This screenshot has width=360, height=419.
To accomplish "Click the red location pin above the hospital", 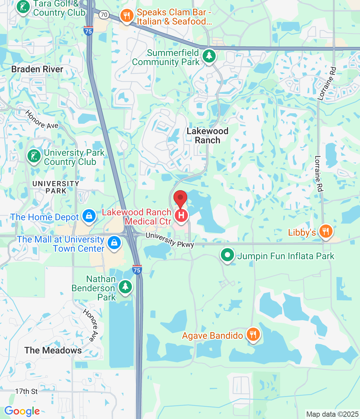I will [x=180, y=198].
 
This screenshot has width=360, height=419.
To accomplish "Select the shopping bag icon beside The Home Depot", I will [x=89, y=216].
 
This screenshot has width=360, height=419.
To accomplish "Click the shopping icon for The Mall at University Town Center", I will [x=114, y=243].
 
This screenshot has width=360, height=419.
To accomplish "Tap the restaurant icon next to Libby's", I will [x=325, y=231].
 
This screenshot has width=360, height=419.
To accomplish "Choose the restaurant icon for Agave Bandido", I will [x=253, y=335].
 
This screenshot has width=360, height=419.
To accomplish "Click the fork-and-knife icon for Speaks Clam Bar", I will [x=127, y=15].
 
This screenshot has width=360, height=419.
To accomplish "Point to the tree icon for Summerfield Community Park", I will [x=209, y=56].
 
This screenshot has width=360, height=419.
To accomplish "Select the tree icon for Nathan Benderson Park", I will [x=125, y=287].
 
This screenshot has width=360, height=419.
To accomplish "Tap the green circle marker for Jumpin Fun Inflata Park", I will [x=227, y=255].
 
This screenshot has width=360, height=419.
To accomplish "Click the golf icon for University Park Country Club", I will [x=34, y=156].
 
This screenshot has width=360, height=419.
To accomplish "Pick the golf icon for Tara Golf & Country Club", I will [x=23, y=7].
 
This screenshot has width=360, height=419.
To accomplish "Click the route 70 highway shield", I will [x=104, y=14].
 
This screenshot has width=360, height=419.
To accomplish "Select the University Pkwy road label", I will [x=170, y=240].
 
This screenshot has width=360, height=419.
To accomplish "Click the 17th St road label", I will [x=27, y=391].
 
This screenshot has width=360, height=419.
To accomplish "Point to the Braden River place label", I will [x=37, y=69].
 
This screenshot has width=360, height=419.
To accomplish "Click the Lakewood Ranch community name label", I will [x=207, y=136].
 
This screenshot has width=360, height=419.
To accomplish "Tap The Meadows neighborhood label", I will [x=53, y=350].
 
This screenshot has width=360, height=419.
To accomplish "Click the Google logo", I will [x=22, y=411].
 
